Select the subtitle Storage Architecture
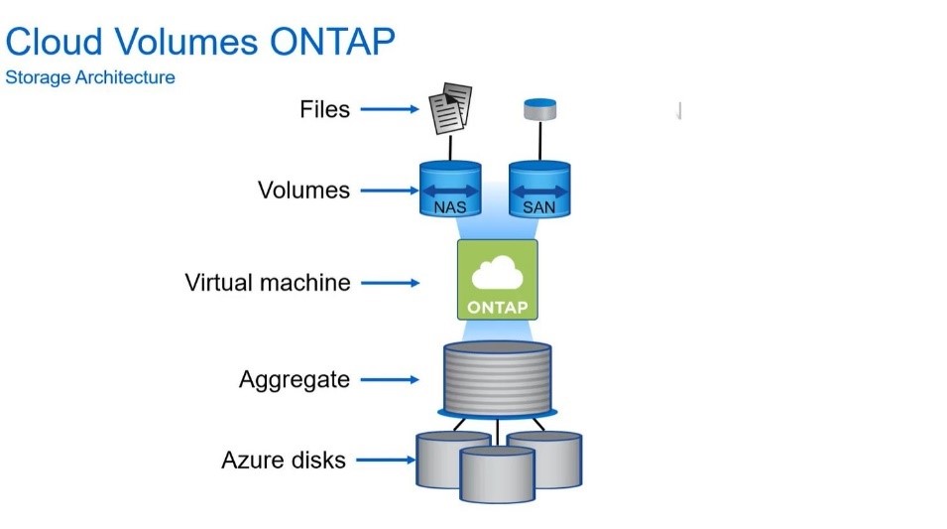click(x=90, y=77)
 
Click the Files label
click(x=325, y=109)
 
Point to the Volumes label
click(x=303, y=190)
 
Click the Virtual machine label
click(x=268, y=282)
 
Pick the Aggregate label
click(x=295, y=380)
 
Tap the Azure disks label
click(x=284, y=461)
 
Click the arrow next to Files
click(x=390, y=109)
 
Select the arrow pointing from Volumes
click(x=390, y=191)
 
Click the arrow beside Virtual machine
click(x=390, y=283)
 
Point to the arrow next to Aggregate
click(x=390, y=380)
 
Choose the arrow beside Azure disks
click(x=387, y=461)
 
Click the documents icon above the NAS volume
click(x=450, y=107)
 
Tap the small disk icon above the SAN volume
click(x=539, y=109)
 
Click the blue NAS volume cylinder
click(x=450, y=188)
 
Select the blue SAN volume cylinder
click(x=539, y=188)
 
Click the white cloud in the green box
click(x=497, y=273)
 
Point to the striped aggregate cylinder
click(x=497, y=379)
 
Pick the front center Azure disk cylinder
click(x=497, y=474)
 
